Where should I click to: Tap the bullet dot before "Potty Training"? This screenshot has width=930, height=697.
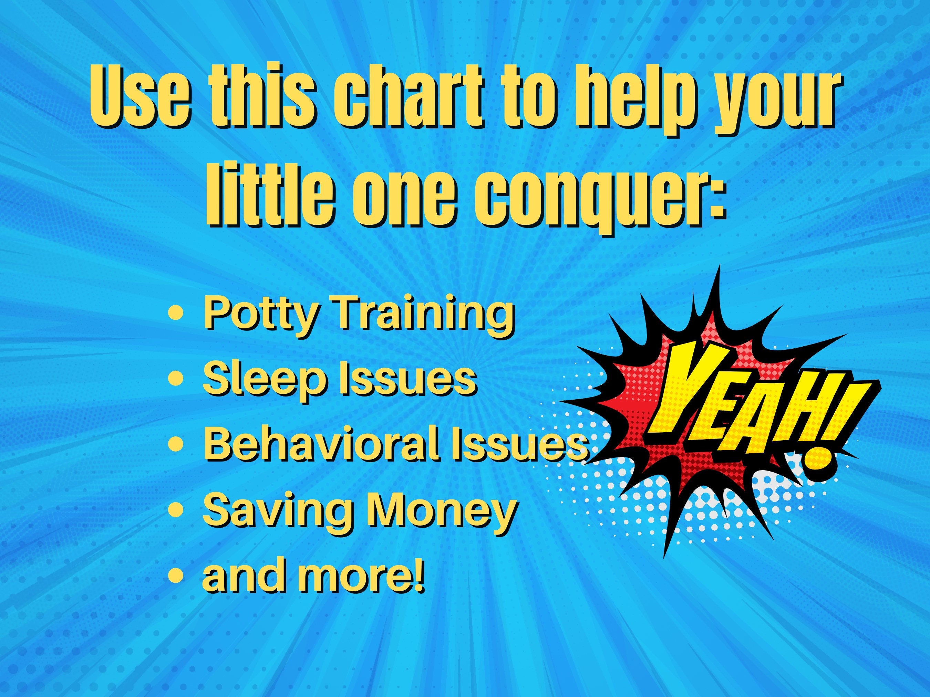coord(175,313)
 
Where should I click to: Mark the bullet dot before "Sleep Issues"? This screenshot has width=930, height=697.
coord(175,378)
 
